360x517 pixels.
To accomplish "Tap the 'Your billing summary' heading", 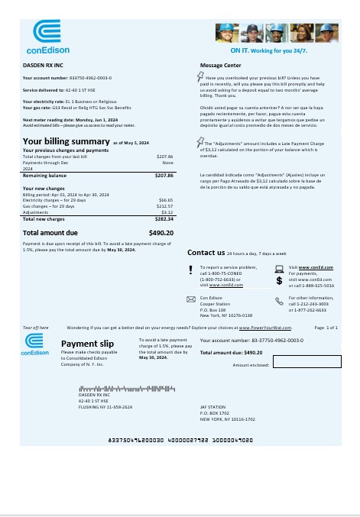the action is tap(66, 141).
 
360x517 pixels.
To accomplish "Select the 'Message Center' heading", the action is tap(221, 66).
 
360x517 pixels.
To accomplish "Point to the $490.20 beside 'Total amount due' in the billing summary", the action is tap(161, 232).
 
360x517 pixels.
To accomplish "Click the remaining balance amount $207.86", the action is tap(164, 176).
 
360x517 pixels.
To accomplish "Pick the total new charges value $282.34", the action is tap(164, 218).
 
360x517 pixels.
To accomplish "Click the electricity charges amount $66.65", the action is tap(165, 199).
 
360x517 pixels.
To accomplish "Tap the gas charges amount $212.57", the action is tap(164, 205).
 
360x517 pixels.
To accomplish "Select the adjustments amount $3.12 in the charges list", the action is tap(167, 212).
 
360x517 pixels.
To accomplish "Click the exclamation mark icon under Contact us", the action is tap(191, 268).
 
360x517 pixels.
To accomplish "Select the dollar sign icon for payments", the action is tap(279, 280).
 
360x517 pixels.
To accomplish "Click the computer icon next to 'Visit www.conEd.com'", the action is tap(279, 268).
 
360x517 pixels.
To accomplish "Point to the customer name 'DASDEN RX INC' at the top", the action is tap(43, 66).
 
